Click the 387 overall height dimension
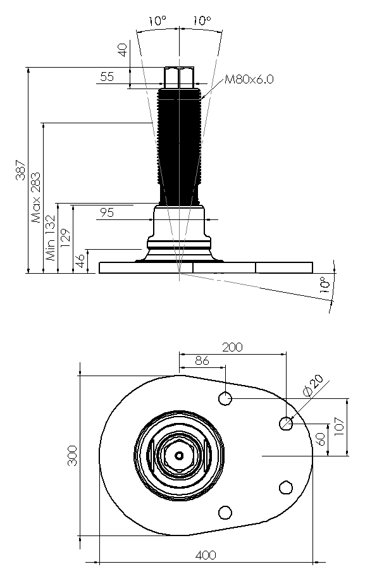[20, 170]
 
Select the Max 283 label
[35, 197]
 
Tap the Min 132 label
[50, 238]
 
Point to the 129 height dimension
[65, 238]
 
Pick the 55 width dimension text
[107, 76]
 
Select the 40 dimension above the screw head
[123, 50]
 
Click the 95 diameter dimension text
[107, 212]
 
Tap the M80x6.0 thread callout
[249, 79]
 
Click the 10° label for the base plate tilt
[324, 284]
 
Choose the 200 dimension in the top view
[232, 347]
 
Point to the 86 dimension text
[202, 360]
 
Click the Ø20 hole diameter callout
[312, 386]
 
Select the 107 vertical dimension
[340, 427]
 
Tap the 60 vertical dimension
[321, 439]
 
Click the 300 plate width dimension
[72, 455]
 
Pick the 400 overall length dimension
[206, 555]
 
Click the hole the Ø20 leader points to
[286, 423]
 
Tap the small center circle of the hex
[179, 455]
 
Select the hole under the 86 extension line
[225, 399]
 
